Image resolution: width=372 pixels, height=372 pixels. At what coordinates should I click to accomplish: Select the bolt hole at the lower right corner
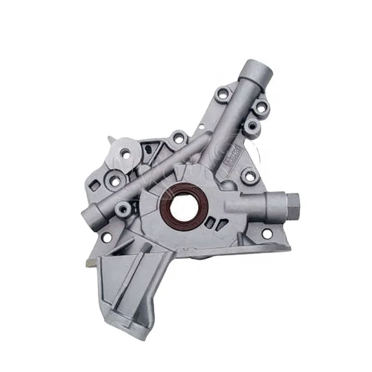(x=267, y=234)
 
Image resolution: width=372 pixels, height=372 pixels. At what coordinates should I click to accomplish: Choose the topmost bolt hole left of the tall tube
(x=223, y=94)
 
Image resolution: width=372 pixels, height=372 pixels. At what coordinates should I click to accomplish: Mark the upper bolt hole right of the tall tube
(x=261, y=106)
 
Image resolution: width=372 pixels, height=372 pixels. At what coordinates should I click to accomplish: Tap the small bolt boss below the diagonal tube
(x=123, y=208)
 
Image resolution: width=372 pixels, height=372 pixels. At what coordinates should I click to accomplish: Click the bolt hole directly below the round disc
(x=115, y=181)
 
